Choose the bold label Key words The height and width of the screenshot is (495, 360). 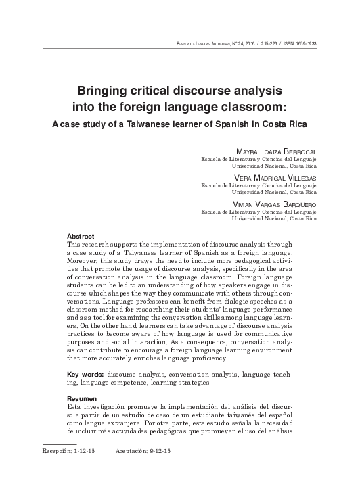pyautogui.click(x=85, y=374)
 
